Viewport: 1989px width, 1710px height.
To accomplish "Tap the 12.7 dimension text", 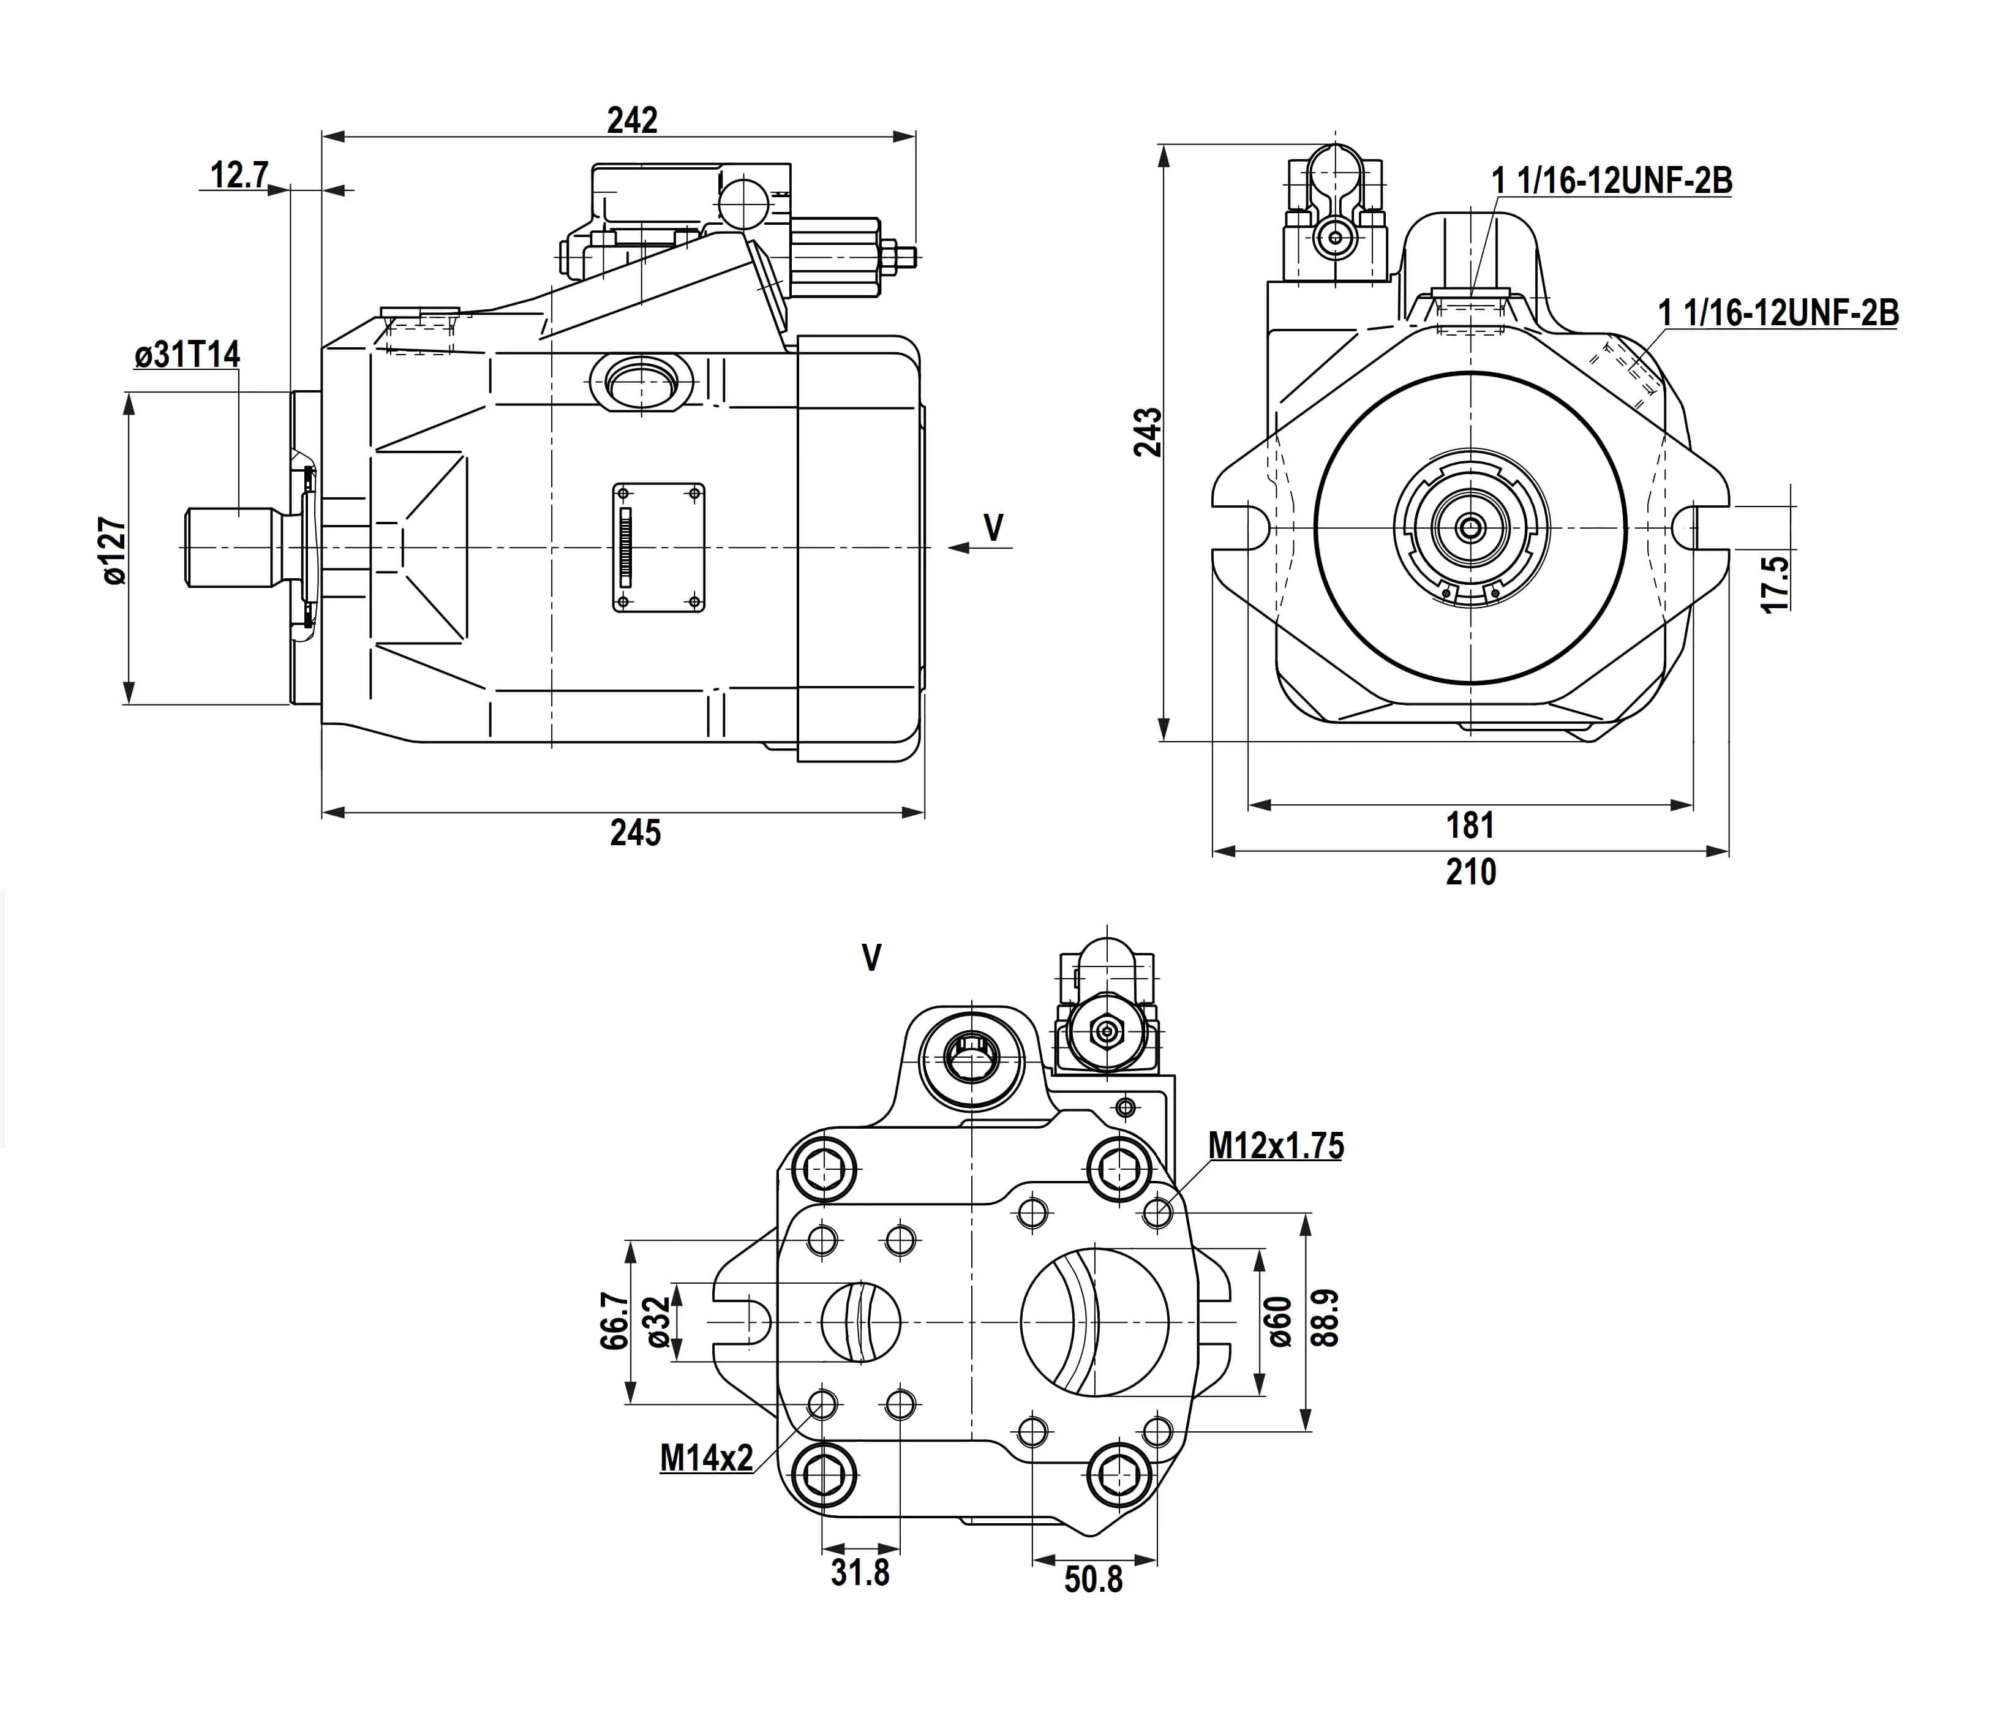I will point(239,176).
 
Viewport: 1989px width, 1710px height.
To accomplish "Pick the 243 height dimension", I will point(1148,431).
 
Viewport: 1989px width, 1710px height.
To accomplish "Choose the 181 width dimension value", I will point(1470,825).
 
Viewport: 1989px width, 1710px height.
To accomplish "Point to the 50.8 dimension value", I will point(1093,1580).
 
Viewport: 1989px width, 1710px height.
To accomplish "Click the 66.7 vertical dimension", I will point(614,1321).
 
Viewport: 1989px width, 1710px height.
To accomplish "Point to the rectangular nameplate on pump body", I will point(658,548).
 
